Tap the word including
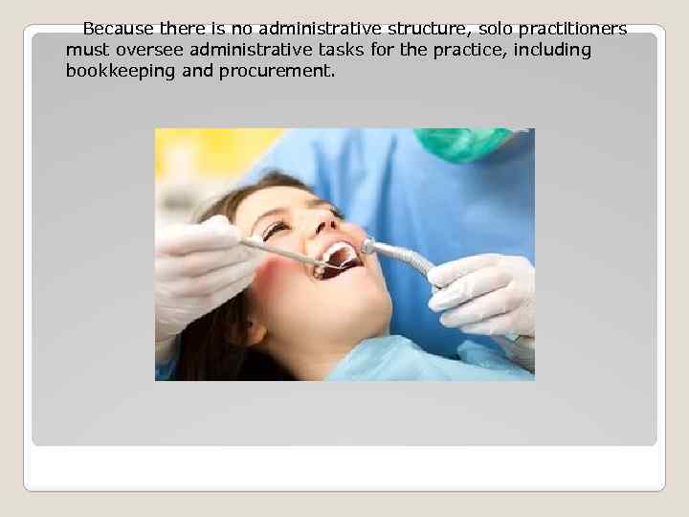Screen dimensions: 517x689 [551, 50]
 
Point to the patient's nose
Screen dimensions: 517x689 [321, 225]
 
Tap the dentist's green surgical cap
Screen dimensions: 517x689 [463, 143]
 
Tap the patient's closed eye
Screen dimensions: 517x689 [275, 229]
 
